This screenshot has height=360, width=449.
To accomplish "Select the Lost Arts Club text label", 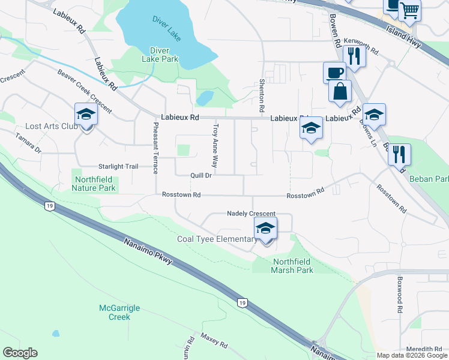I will [x=52, y=127].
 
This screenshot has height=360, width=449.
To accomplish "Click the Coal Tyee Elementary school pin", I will [x=265, y=229].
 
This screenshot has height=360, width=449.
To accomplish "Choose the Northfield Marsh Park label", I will [x=293, y=266].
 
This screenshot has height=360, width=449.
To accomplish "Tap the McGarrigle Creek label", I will [x=119, y=312].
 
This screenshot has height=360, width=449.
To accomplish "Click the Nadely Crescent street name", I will [x=251, y=214].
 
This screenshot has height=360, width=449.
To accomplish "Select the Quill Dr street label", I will [x=201, y=176].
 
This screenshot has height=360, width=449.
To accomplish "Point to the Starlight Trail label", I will [x=118, y=166].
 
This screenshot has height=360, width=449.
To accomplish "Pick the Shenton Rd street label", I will [x=262, y=96].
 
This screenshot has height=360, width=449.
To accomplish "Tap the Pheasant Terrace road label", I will [x=155, y=148].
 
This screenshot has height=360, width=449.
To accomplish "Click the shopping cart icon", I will [x=410, y=10].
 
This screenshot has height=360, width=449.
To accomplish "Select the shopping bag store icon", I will [x=340, y=92].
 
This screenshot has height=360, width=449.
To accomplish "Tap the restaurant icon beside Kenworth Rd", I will [x=354, y=56].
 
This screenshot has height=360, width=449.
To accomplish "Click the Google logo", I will [x=20, y=353].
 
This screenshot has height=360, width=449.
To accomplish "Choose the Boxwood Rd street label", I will [x=399, y=295].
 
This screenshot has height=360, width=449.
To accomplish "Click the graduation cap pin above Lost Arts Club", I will [x=86, y=115].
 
